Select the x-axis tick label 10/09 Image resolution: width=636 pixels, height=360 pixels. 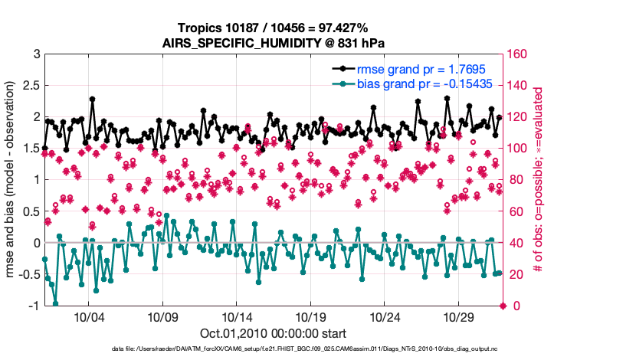[x=162, y=318]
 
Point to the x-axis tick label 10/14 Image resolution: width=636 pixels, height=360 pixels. [x=237, y=318]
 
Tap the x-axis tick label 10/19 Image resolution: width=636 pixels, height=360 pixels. [x=311, y=318]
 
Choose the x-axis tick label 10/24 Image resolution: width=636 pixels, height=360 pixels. [x=385, y=318]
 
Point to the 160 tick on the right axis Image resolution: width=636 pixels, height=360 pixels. [x=516, y=54]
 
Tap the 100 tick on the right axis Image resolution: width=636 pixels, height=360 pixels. [x=516, y=149]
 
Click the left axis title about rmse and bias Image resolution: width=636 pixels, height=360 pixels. [x=11, y=180]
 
